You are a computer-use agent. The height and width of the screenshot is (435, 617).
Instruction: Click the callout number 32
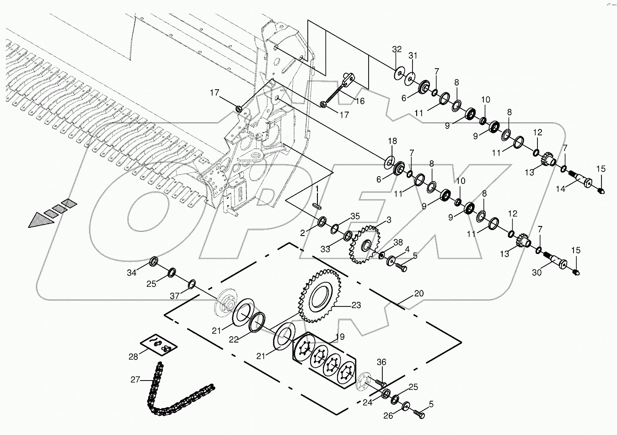(x=397, y=49)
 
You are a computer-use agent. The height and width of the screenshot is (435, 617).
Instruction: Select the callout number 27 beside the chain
(x=135, y=379)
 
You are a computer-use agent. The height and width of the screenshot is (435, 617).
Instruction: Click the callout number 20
(x=419, y=293)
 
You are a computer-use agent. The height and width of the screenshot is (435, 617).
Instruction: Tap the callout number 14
(x=558, y=188)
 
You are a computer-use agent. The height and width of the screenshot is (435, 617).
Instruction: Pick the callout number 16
(x=360, y=101)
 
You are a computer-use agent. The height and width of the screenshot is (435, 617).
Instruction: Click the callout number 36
(x=382, y=363)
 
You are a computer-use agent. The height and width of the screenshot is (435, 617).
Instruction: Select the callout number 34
(x=132, y=273)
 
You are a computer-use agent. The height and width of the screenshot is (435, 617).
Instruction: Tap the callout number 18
(x=393, y=140)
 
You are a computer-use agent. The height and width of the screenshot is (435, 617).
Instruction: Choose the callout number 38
(x=398, y=242)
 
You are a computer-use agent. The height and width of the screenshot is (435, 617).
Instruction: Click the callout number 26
(x=389, y=416)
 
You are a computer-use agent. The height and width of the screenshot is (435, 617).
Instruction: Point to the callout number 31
(x=413, y=56)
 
